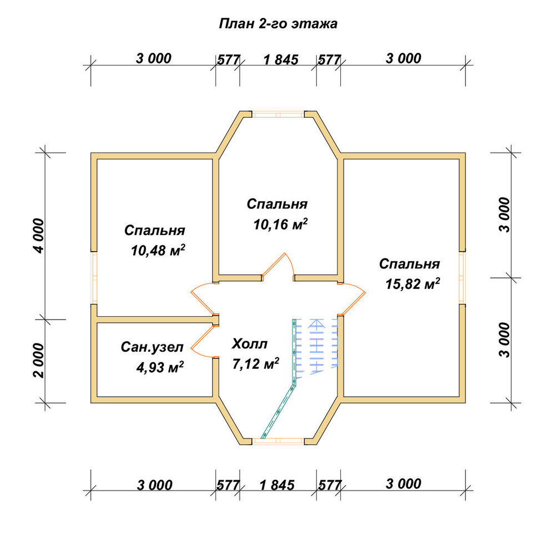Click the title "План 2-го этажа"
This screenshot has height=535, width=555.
(x=278, y=24)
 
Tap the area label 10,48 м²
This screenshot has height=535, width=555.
(x=158, y=251)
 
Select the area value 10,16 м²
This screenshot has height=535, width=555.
(x=280, y=224)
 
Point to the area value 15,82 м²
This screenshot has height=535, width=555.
(x=413, y=283)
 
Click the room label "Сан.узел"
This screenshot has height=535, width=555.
(x=152, y=347)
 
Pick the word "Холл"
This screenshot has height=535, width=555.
(x=250, y=344)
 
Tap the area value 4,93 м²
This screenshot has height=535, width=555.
(x=160, y=367)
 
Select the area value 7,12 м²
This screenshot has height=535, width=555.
(x=255, y=363)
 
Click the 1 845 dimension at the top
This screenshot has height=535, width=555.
(x=281, y=59)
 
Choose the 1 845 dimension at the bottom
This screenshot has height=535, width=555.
(x=277, y=485)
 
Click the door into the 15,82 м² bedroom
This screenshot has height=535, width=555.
(x=352, y=298)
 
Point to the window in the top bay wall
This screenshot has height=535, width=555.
(x=278, y=114)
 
